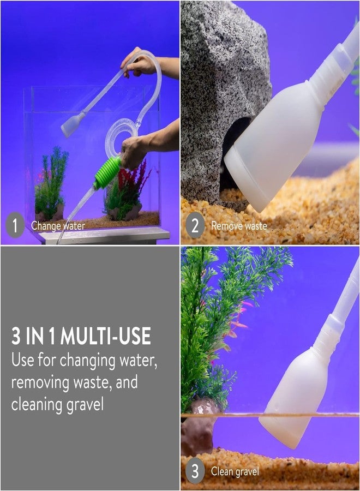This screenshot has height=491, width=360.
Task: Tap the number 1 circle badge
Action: tap(15, 225)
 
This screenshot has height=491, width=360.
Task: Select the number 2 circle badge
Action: tap(195, 225)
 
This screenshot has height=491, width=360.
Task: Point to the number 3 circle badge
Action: tap(195, 471)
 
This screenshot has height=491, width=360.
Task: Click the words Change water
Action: tap(58, 226)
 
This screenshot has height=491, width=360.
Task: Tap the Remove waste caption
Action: tap(239, 225)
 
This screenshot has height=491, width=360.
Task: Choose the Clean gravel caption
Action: tap(235, 471)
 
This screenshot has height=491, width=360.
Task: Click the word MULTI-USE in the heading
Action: tap(105, 336)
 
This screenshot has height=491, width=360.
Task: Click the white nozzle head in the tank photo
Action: tap(73, 125)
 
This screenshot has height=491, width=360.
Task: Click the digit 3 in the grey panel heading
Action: tap(16, 336)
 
